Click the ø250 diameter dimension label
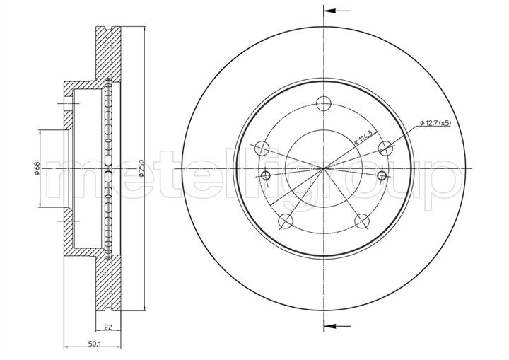point(141,168)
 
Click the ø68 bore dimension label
point(37,168)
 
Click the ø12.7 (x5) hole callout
point(435,123)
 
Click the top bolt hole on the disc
point(324,104)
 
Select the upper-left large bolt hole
point(262,149)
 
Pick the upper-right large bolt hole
point(386,149)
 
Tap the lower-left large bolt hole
point(286,221)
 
